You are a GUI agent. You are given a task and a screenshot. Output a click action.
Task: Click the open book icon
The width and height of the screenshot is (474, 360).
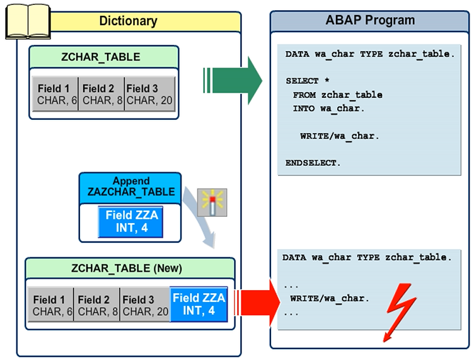click(27, 21)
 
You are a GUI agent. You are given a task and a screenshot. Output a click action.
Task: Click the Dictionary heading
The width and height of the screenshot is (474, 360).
click(128, 21)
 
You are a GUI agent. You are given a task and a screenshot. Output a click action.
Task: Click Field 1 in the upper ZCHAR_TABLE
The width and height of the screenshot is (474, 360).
click(55, 94)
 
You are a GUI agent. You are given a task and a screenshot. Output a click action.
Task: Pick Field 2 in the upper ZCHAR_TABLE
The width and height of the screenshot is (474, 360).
click(101, 94)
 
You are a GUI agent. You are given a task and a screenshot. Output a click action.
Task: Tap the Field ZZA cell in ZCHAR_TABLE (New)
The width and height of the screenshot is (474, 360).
click(199, 304)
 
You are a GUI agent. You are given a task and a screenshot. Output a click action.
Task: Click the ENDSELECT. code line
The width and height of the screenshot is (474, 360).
click(313, 163)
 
